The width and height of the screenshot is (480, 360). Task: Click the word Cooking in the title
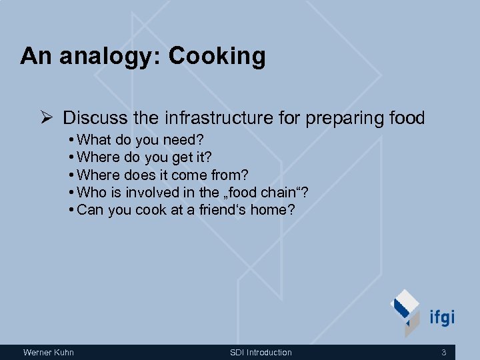[217, 57]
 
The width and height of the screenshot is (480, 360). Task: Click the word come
[189, 175]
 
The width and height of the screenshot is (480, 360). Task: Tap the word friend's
[221, 210]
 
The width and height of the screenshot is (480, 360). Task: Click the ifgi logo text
[441, 316]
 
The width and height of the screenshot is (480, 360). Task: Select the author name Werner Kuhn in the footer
[48, 352]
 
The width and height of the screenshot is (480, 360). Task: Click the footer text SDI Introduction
[261, 352]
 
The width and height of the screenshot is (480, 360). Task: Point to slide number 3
[444, 352]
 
